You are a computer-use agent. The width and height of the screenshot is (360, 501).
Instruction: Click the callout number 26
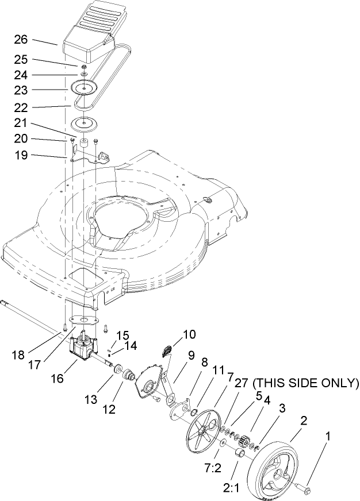click(x=21, y=41)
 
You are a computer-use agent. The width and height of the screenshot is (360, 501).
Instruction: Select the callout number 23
click(x=21, y=90)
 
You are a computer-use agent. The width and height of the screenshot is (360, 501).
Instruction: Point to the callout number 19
click(x=21, y=155)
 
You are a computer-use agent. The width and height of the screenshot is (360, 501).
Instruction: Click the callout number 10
click(x=189, y=334)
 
